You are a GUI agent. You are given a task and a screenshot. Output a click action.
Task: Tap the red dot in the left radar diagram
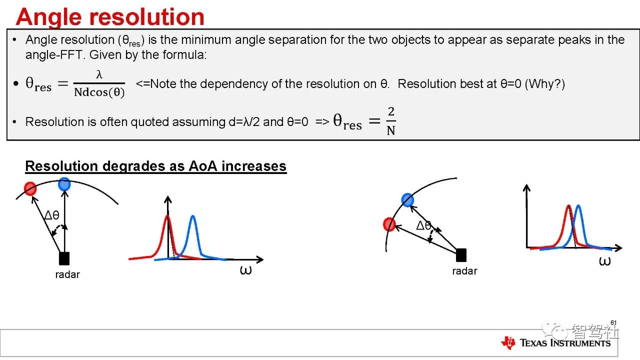pos(30,188)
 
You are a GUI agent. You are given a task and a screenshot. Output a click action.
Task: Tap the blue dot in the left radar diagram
pos(64,184)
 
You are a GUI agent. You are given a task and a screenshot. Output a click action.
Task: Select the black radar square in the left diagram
pos(64,258)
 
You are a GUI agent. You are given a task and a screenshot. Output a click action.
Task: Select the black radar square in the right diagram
pos(461,255)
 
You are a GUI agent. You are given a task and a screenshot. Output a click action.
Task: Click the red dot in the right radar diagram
pos(389,224)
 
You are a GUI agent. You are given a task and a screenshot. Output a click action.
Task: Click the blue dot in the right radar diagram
pos(407,199)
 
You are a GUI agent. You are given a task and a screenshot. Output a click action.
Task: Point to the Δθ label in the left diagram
pos(52,215)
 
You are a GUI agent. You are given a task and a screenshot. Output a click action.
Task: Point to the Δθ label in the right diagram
pos(423,225)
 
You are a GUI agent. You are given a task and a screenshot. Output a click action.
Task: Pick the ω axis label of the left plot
pos(245,269)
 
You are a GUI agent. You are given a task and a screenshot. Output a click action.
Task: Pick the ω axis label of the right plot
pos(604,261)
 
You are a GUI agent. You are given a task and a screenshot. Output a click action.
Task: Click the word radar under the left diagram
pos(67,274)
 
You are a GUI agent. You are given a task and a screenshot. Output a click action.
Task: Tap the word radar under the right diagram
pos(464,271)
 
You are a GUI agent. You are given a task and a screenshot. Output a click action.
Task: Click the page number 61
pos(613,323)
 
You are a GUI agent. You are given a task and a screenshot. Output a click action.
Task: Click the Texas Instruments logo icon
pos(508,342)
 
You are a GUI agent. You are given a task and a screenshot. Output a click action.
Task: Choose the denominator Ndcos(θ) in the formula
pos(99,92)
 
